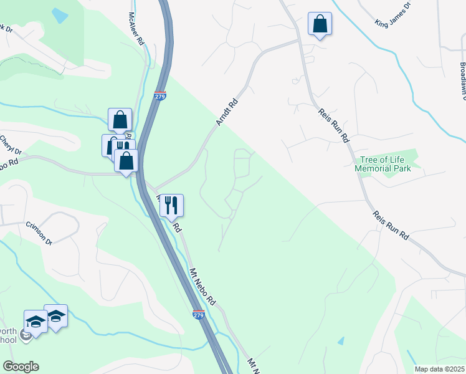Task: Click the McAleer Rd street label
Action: coord(136,28)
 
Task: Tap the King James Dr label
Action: coord(393,15)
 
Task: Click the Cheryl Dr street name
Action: coord(11,146)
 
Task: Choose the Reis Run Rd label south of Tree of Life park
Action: coord(391,226)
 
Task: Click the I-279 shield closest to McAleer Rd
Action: coord(160,95)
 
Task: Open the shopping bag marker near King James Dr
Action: coord(320,24)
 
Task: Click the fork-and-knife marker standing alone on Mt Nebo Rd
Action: coord(171,205)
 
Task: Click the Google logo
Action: coord(21,367)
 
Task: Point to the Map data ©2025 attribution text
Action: coord(439,369)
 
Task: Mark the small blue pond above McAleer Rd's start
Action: coord(60,15)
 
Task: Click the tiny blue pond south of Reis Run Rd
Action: coord(340,341)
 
